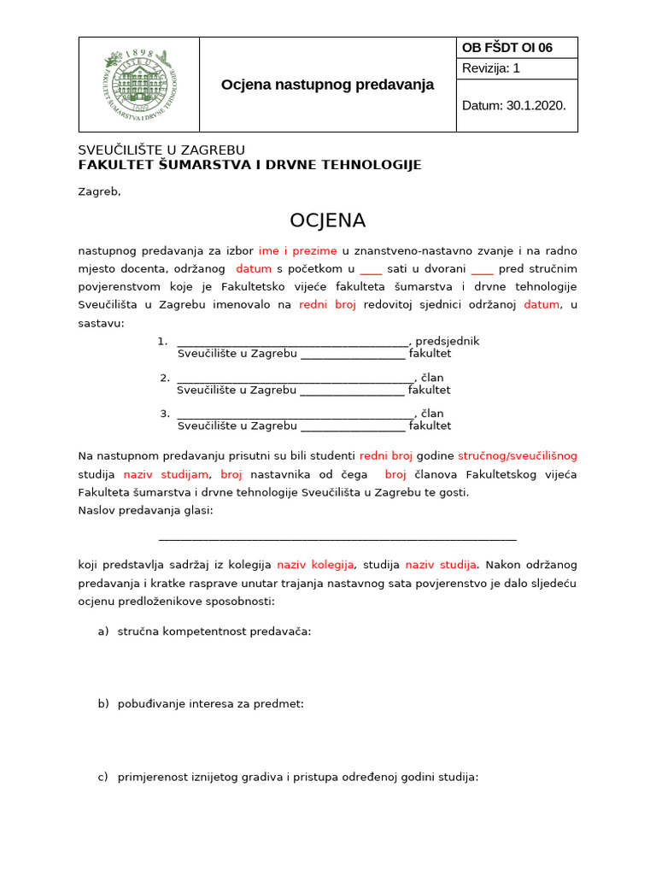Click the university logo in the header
click(139, 85)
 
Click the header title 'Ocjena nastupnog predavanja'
click(327, 85)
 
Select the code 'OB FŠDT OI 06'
click(507, 48)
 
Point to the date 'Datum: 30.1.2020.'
click(513, 106)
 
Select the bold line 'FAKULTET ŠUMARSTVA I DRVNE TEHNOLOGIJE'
click(249, 165)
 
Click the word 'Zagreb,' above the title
click(99, 191)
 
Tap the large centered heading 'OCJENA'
click(327, 220)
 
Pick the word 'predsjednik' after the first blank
click(447, 341)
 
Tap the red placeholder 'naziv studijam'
click(166, 474)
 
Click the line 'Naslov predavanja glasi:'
click(145, 510)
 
